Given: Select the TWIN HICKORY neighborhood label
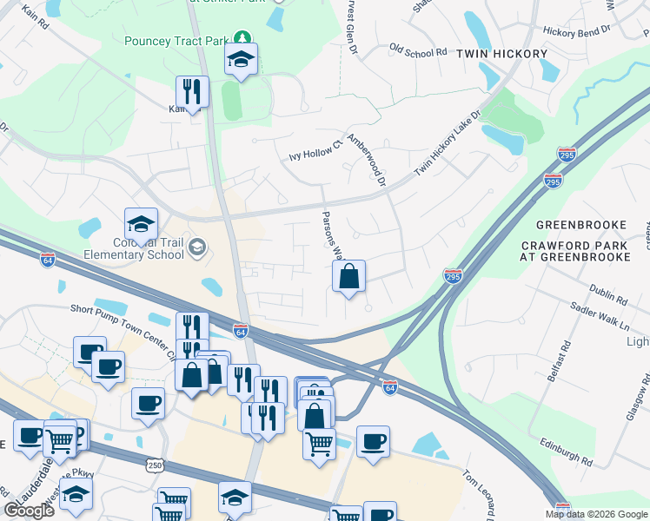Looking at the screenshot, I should pyautogui.click(x=502, y=54).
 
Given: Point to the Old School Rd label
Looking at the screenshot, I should pyautogui.click(x=417, y=51).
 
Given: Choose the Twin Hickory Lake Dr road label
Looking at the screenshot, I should pyautogui.click(x=448, y=144).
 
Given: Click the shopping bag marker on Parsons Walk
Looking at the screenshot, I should pyautogui.click(x=348, y=278).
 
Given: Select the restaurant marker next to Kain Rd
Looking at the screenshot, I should pyautogui.click(x=191, y=91).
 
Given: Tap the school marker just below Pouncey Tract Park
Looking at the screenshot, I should pyautogui.click(x=241, y=62).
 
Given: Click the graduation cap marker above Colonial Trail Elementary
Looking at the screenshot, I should pyautogui.click(x=141, y=226).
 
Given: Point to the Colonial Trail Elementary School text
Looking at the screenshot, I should pyautogui.click(x=133, y=249).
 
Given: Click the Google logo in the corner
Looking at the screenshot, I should pyautogui.click(x=29, y=511).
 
